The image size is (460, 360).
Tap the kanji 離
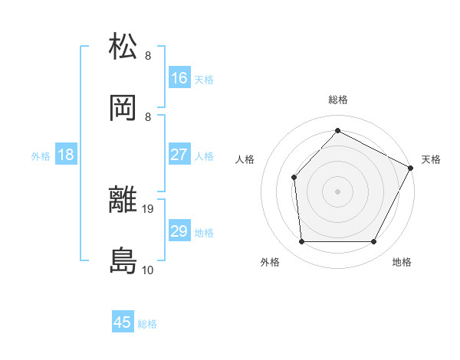pos(123,201)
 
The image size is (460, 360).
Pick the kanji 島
pos(123,261)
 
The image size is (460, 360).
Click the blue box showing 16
pos(179,77)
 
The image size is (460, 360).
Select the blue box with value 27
pos(179,155)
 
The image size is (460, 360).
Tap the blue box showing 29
pos(179,231)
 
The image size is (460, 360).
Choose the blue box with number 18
pos(66,155)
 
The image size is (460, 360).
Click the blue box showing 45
pos(123,322)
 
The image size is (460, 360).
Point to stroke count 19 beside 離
pos(148,208)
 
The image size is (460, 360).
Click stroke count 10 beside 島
pos(148,270)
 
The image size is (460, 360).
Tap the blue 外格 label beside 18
pos(41,155)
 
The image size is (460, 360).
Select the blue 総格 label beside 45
pos(147,323)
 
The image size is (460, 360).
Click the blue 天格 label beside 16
pos(204,78)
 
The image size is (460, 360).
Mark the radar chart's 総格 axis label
pos(337,100)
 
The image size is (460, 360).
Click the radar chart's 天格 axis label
pos(431,159)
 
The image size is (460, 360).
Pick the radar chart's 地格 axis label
pos(402,263)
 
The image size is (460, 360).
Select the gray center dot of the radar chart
pos(337,191)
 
